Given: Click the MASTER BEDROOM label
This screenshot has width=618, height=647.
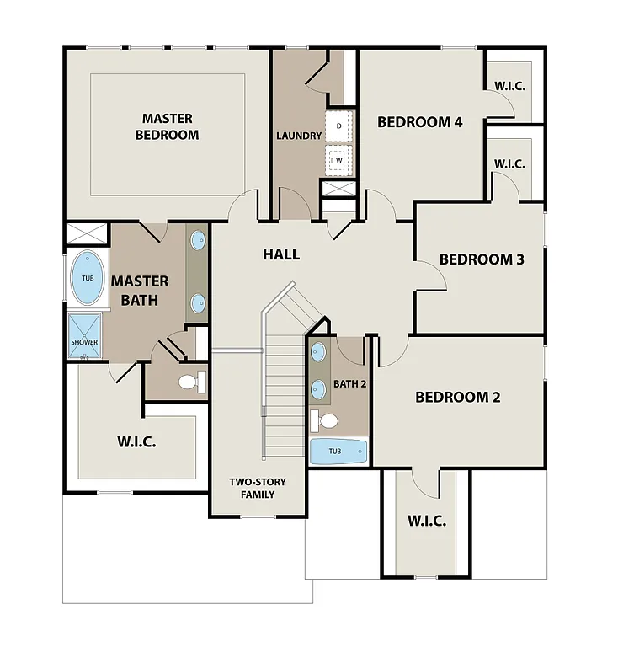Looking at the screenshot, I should tap(167, 126).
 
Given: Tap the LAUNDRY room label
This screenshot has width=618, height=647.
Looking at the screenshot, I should tap(299, 136).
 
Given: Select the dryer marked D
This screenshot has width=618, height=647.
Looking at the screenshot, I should tap(339, 126).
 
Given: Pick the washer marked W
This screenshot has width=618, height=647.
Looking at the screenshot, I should tap(339, 158).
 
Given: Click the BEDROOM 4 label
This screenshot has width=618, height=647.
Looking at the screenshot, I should tap(419, 122).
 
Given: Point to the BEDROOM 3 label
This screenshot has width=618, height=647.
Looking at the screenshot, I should tap(482, 259).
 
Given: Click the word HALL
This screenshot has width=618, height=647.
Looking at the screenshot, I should tap(280, 254).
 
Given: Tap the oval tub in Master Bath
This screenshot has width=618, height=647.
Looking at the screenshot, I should tap(88, 279).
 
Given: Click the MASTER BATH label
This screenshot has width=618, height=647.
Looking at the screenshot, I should tap(140, 290).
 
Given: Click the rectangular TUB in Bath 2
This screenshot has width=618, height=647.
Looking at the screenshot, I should tap(338, 452).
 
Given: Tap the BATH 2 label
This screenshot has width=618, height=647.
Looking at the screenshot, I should tap(349, 384).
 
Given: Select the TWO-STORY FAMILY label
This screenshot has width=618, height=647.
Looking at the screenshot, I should tap(258, 488).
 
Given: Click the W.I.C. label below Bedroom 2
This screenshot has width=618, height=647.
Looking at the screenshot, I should tap(426, 521).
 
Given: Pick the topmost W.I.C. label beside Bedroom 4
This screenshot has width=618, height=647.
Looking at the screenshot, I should tap(509, 84).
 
